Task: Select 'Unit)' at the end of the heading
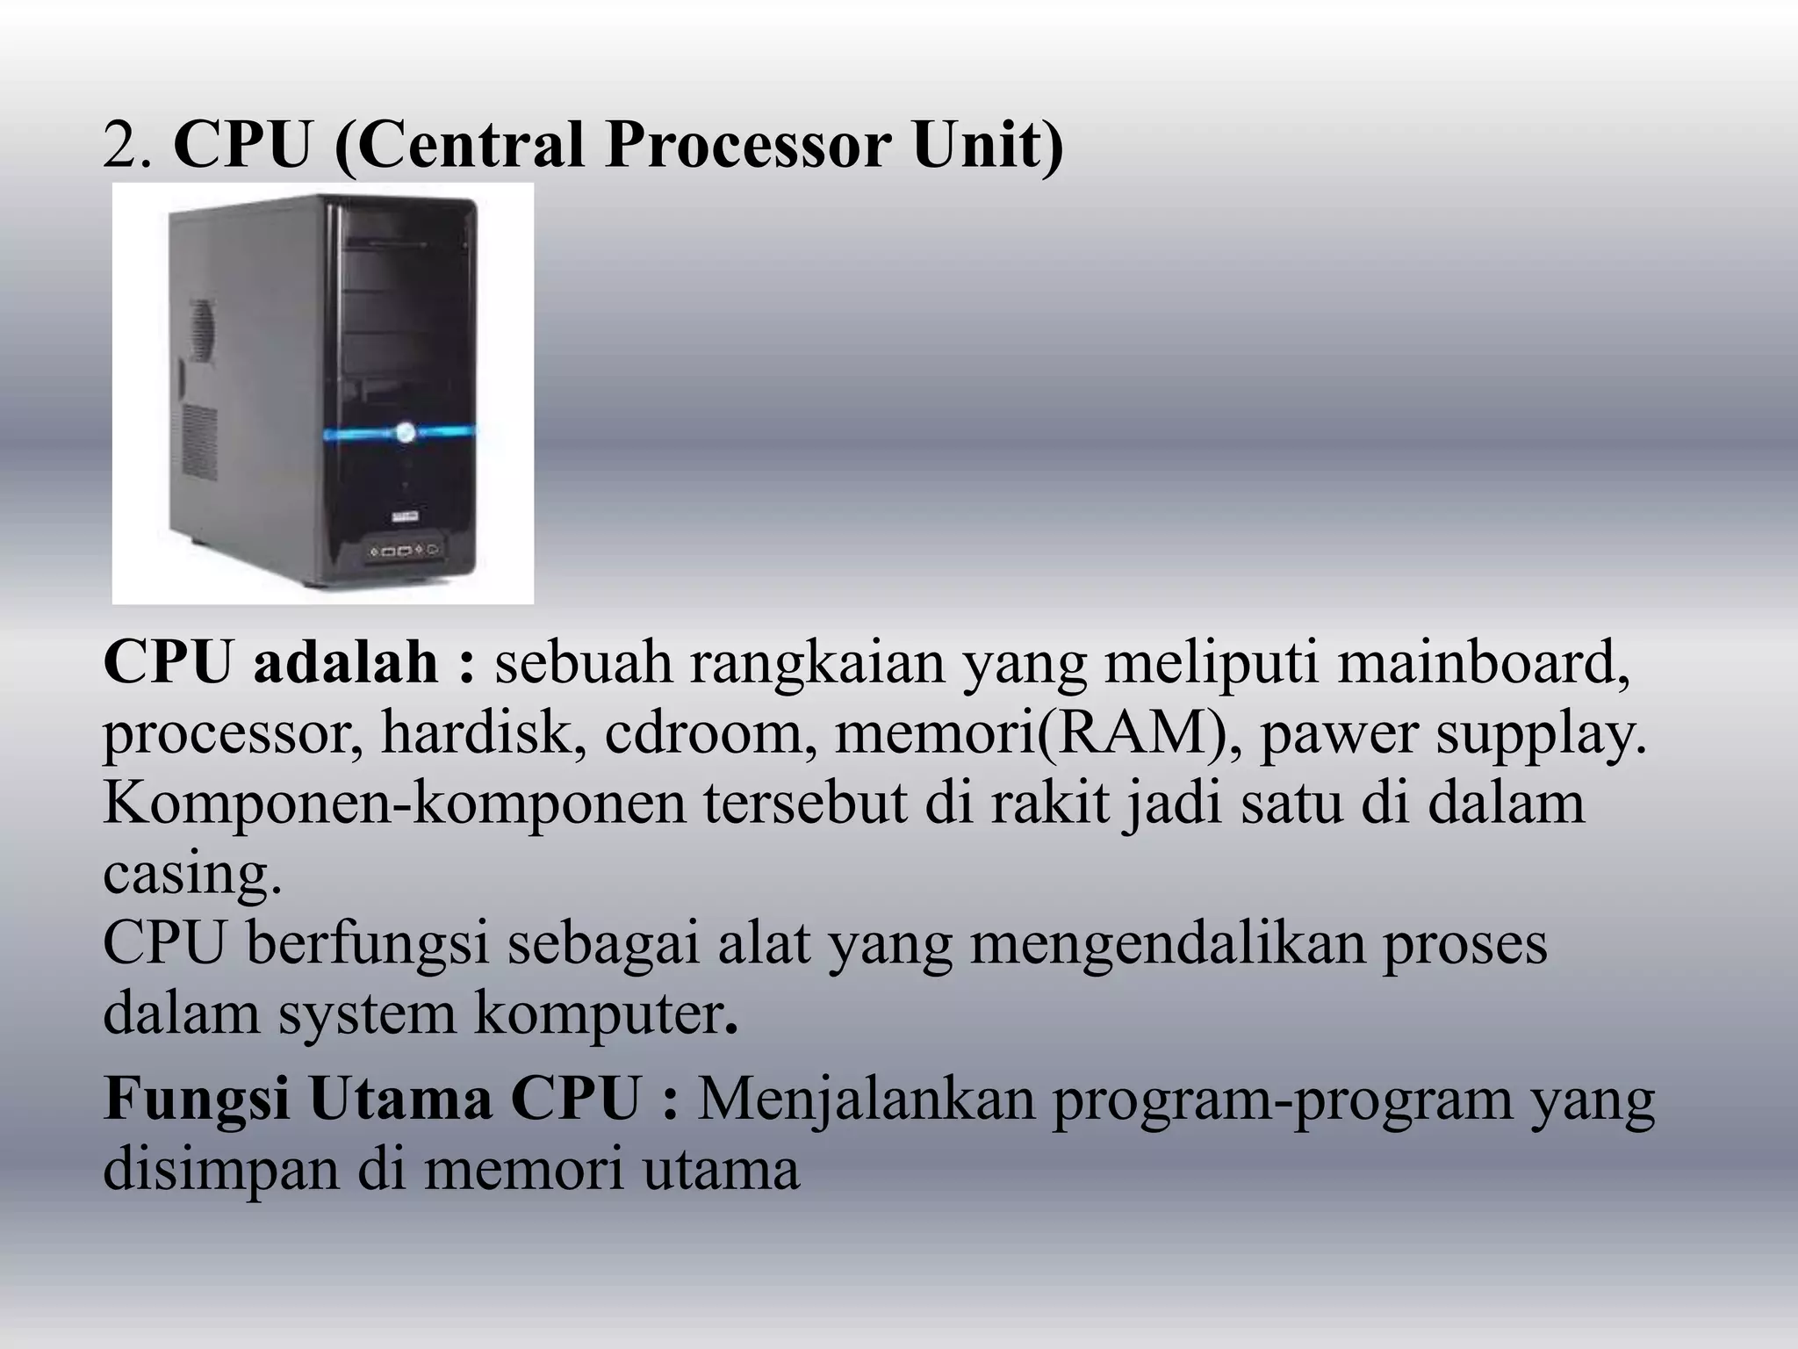coord(987,145)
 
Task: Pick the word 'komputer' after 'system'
coord(601,1013)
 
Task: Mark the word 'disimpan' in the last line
coord(220,1169)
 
